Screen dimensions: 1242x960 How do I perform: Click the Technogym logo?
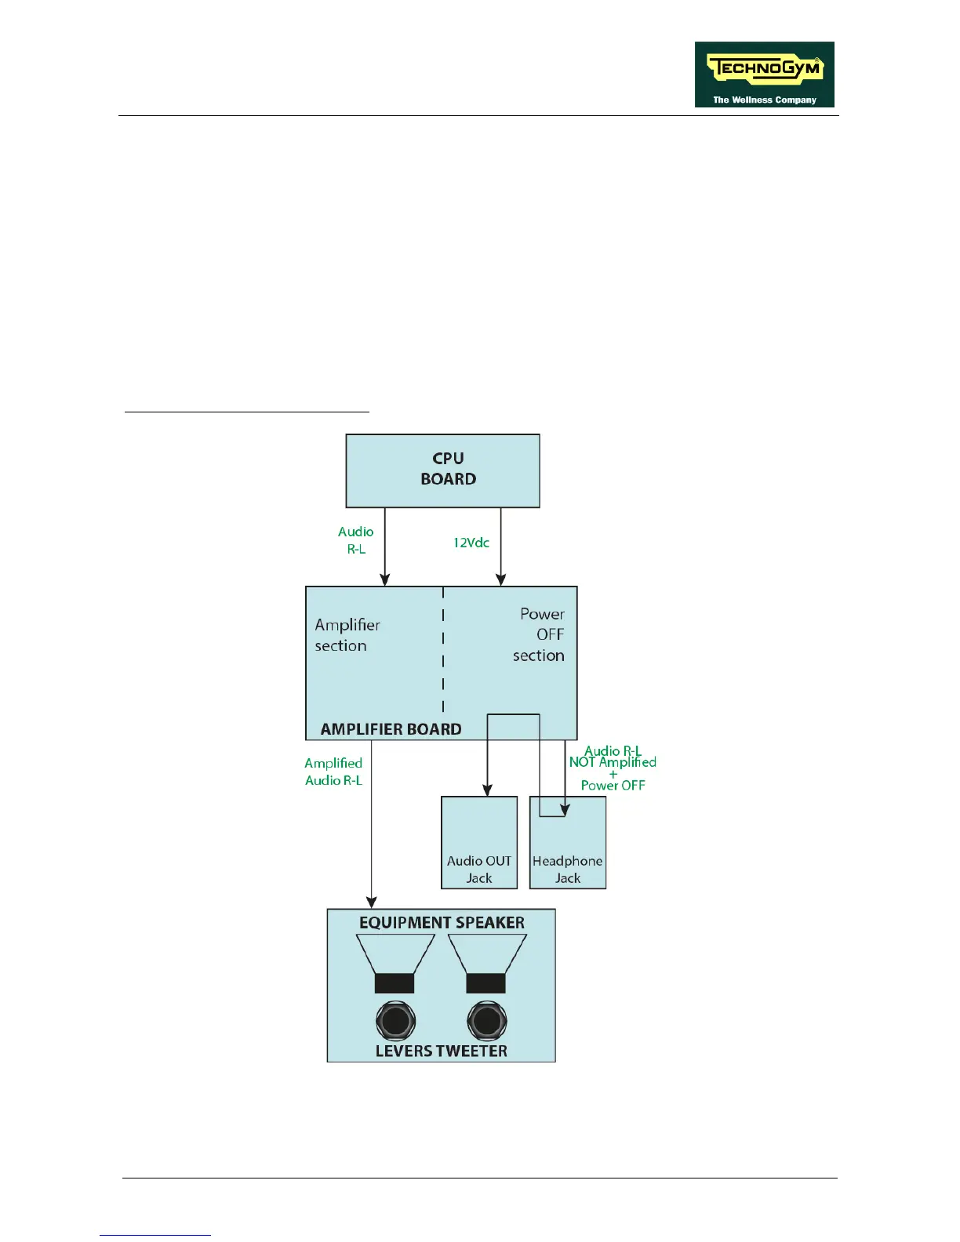point(764,74)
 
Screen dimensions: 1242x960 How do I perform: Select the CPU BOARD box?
point(442,470)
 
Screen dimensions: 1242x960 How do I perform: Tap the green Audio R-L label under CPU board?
point(356,540)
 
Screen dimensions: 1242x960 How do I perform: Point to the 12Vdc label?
point(471,543)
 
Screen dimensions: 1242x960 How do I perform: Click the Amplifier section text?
point(347,635)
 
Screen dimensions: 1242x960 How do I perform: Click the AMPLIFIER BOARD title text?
point(391,729)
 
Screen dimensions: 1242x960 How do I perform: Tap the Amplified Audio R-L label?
point(333,772)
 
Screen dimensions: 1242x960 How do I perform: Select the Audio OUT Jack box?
point(479,842)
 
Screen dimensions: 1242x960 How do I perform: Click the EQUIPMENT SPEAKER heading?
point(442,923)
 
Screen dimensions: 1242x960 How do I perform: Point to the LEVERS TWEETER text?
point(441,1051)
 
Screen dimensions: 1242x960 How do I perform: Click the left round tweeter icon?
point(395,1021)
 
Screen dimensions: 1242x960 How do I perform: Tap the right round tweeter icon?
point(486,1021)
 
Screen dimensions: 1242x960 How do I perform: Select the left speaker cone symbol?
point(395,964)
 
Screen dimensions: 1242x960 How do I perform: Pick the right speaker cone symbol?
point(487,964)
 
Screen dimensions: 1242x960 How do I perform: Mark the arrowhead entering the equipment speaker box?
point(372,902)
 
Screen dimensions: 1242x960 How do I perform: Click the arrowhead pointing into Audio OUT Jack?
point(488,790)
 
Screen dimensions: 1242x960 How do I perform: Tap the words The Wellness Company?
point(764,100)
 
